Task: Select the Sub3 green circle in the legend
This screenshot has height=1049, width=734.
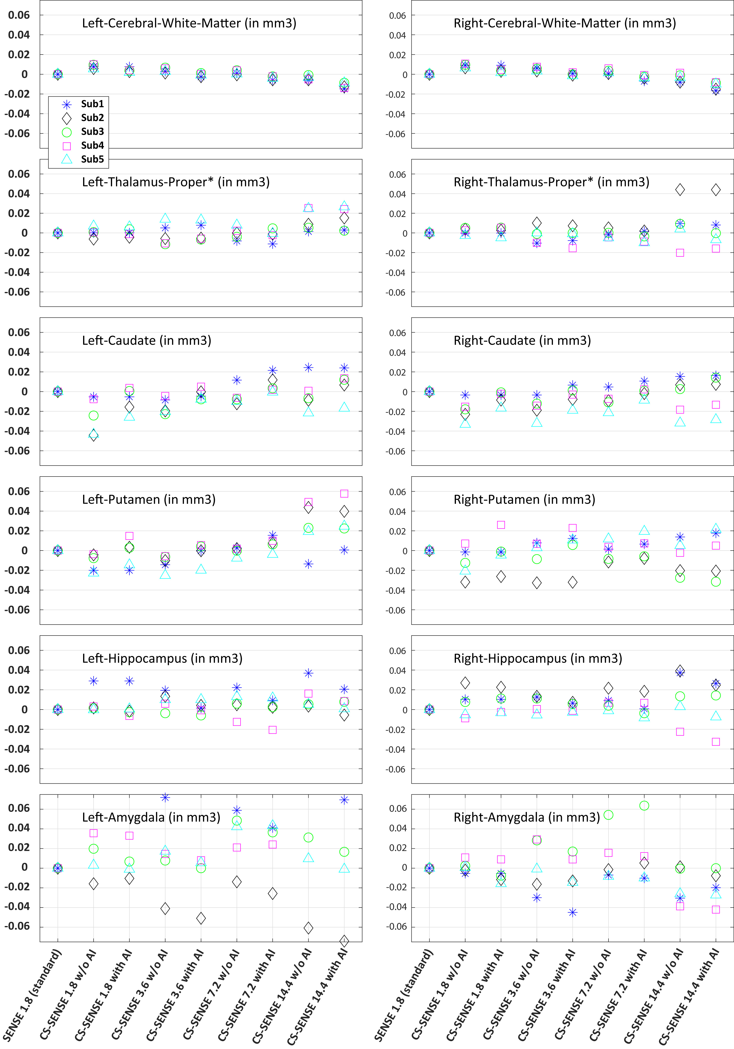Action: pos(67,132)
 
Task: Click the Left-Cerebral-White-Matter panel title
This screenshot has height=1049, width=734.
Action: pos(189,23)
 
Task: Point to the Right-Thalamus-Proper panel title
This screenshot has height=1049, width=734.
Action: pos(551,182)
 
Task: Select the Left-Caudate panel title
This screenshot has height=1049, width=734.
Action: pos(146,341)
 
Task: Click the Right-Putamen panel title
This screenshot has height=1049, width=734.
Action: pos(524,500)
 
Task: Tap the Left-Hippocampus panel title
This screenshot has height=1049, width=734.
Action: pos(162,659)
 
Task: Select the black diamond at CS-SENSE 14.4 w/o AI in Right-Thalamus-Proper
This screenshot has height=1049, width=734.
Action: pos(680,190)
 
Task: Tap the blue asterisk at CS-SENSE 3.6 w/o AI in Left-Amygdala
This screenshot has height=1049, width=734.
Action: pos(165,798)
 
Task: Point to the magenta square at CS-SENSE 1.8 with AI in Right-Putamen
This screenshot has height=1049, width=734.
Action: pos(501,525)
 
